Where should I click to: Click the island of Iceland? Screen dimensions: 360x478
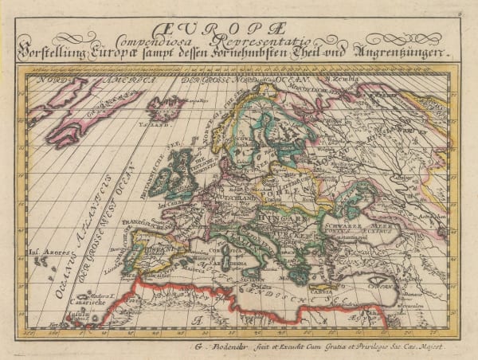click(166, 108)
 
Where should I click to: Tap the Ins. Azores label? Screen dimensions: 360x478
click(45, 257)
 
